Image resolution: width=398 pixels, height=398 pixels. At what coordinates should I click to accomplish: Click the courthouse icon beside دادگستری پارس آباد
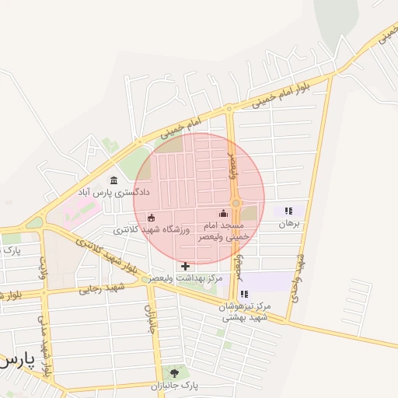pos(114,180)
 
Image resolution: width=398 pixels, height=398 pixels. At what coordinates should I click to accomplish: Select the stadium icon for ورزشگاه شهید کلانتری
pos(152,218)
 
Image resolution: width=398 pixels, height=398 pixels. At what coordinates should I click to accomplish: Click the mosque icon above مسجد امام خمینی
pos(224,213)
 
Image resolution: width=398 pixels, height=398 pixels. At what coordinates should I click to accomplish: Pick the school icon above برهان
pos(288,211)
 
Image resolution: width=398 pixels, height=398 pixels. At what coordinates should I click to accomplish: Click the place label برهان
pos(288,223)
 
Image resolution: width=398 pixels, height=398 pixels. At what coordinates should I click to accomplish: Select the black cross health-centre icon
pos(185,266)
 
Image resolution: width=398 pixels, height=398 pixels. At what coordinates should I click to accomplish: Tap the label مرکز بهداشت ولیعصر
pos(187,278)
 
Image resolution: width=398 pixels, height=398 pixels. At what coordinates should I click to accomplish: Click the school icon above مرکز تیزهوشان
pos(245,294)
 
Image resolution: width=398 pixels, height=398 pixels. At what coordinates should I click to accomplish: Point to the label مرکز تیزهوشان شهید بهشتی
pos(245,311)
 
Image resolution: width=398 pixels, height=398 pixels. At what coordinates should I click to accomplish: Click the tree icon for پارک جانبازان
pos(173,373)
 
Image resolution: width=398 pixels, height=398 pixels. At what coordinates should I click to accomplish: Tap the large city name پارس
pos(17,361)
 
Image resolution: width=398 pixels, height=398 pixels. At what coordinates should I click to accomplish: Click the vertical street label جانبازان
pos(148,317)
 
